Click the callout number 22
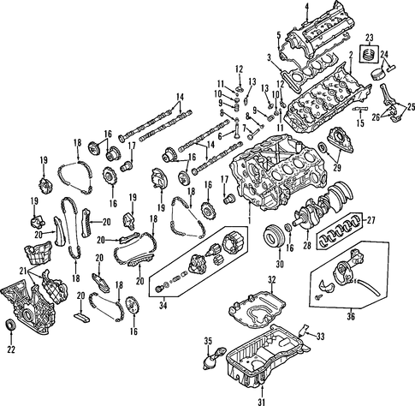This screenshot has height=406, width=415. [x=11, y=349]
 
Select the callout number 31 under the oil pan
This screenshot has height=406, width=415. [x=262, y=402]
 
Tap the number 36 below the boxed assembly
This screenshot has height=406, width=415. [x=351, y=316]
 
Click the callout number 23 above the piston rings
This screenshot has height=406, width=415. [x=370, y=38]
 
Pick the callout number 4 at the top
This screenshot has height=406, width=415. [x=306, y=6]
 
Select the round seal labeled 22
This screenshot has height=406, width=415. [x=11, y=325]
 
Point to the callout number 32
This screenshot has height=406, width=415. [x=272, y=280]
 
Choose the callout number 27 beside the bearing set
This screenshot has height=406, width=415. [x=371, y=220]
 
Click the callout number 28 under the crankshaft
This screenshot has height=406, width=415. [x=307, y=246]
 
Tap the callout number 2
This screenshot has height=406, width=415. [x=351, y=55]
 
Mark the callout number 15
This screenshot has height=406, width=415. [x=360, y=123]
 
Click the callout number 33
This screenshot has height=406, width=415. [x=321, y=337]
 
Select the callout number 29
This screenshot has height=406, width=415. [x=337, y=168]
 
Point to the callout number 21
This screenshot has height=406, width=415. [x=24, y=270]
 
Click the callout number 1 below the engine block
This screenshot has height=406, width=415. [x=249, y=220]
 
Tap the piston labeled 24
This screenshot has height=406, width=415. [x=377, y=75]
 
